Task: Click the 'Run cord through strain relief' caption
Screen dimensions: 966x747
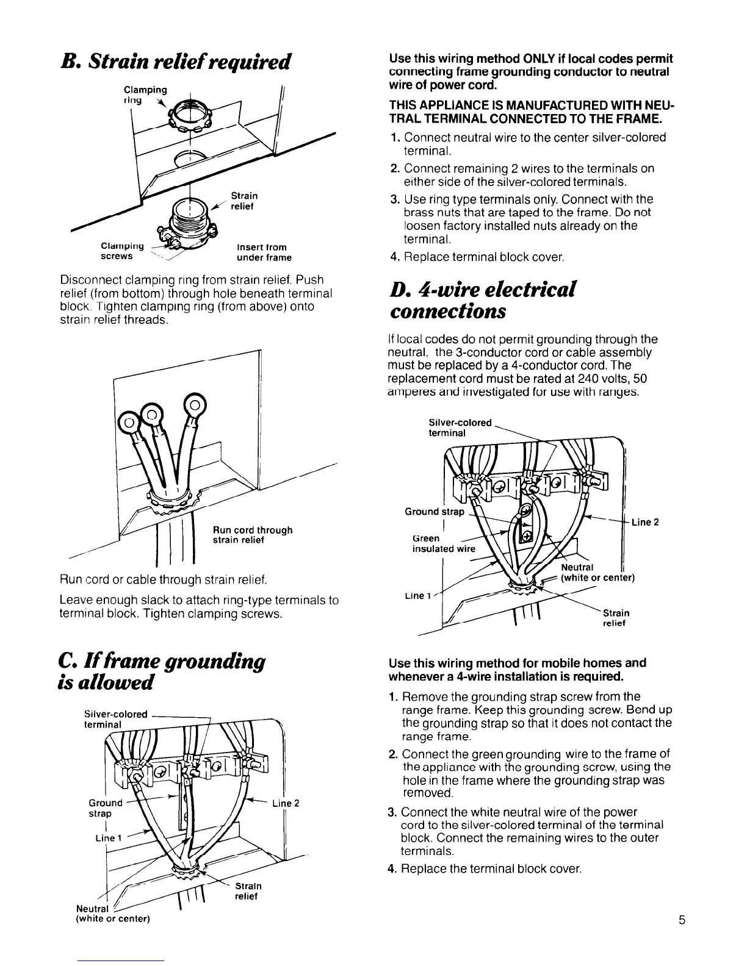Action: [252, 535]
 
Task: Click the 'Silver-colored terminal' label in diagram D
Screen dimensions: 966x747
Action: [460, 428]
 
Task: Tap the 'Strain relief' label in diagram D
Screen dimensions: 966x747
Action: [616, 618]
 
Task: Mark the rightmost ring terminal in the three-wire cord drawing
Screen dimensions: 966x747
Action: [195, 404]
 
